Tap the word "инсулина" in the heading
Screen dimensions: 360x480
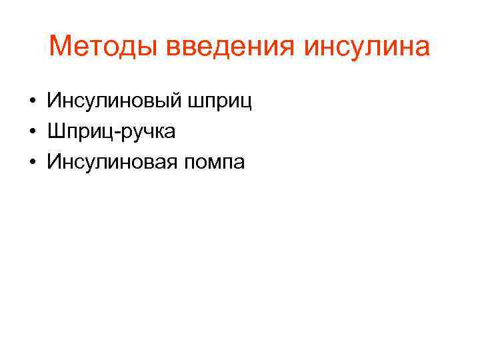pos(368,47)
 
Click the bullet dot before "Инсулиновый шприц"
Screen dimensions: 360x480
pos(32,103)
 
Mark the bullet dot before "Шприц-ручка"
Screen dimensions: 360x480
pos(32,133)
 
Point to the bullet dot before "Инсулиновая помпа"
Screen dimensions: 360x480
pos(32,163)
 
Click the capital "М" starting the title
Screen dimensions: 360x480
pos(60,47)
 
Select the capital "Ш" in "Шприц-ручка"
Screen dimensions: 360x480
pos(55,132)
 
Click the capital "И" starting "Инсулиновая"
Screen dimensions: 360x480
pos(53,162)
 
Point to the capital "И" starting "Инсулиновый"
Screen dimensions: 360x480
pos(53,102)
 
